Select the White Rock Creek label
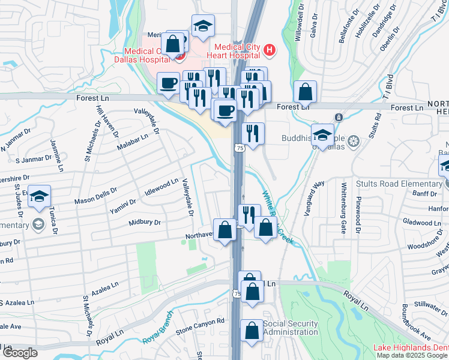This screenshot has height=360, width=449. (x=277, y=216)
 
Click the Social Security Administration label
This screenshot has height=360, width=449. (x=290, y=328)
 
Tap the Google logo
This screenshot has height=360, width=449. (x=19, y=353)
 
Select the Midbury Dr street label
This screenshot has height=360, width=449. (x=145, y=223)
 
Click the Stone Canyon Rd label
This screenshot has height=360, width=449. (x=200, y=325)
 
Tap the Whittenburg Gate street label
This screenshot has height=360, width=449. (x=344, y=208)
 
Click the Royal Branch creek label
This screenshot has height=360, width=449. (x=158, y=328)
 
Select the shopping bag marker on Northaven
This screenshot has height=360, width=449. (x=224, y=230)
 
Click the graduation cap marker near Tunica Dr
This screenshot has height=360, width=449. (x=39, y=196)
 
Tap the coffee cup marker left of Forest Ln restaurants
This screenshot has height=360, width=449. (x=169, y=82)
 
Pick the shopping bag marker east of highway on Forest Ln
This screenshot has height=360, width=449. (x=306, y=92)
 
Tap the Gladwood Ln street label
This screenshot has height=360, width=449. (x=423, y=223)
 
